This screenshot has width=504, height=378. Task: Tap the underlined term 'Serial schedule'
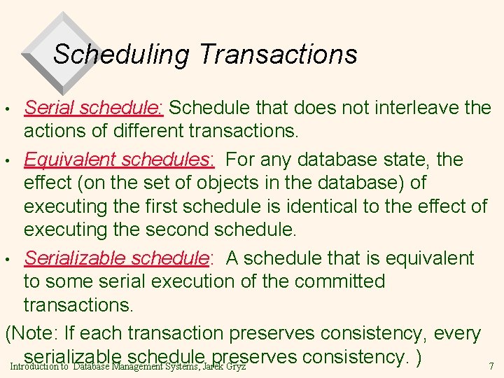[x=92, y=108]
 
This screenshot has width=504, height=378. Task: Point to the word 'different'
[x=155, y=132]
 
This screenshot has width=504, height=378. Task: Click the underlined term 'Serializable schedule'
[x=117, y=258]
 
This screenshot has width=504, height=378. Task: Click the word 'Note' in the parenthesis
[x=38, y=334]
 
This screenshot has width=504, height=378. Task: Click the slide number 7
[x=491, y=366]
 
